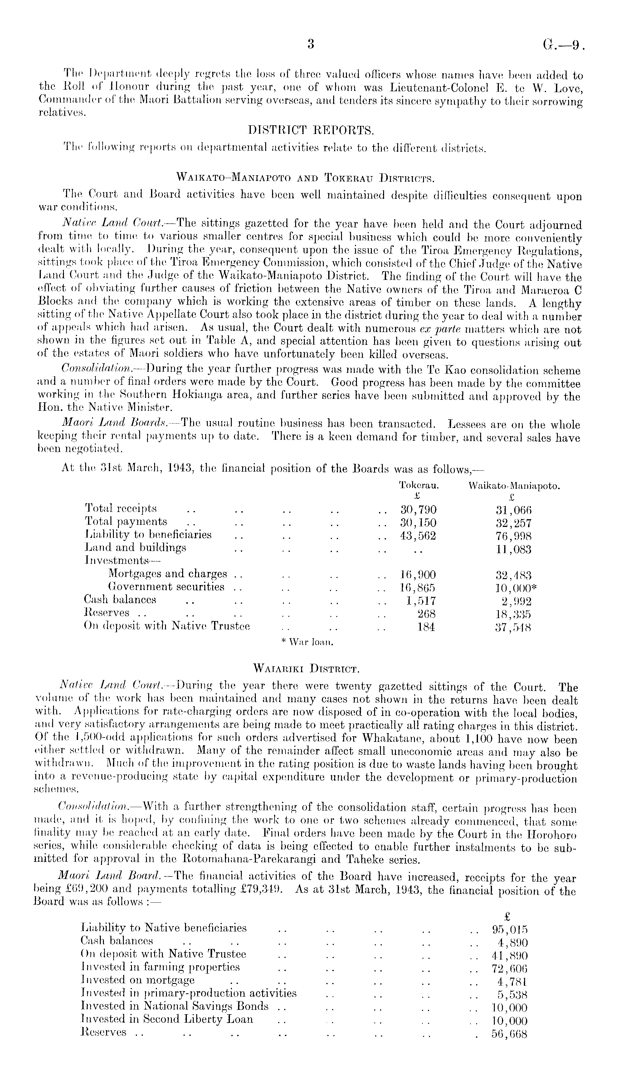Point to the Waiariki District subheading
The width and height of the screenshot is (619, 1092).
[306, 668]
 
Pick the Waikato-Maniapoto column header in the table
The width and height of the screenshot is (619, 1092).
[514, 486]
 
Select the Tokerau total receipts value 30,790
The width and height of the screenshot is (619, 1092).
[418, 509]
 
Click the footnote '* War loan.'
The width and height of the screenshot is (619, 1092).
[307, 642]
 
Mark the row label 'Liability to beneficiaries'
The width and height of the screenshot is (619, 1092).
[149, 535]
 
